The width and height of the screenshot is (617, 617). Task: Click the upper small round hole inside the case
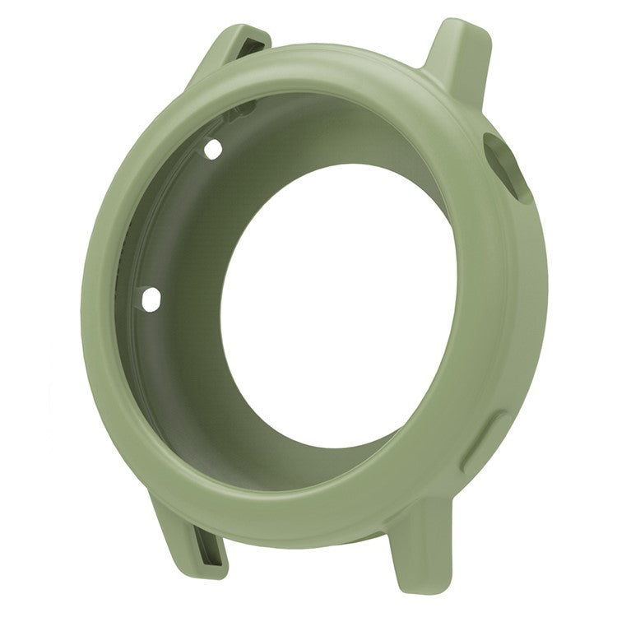point(212,150)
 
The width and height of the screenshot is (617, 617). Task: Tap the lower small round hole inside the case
point(151,299)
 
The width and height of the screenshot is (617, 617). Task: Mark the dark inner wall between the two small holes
point(165,222)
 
